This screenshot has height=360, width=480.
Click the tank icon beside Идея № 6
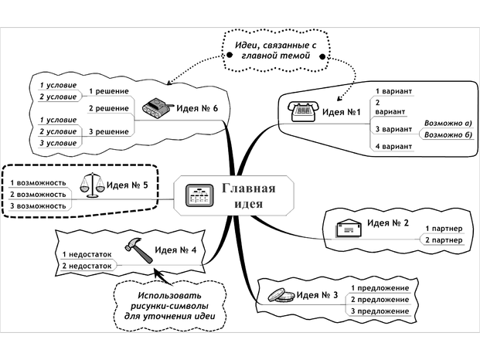pyautogui.click(x=157, y=107)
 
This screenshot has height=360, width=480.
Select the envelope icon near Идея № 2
pyautogui.click(x=349, y=227)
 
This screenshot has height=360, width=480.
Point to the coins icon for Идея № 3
pyautogui.click(x=280, y=294)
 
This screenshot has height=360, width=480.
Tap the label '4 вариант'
pyautogui.click(x=393, y=147)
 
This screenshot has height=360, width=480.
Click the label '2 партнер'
pyautogui.click(x=443, y=241)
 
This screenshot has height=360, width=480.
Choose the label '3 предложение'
pyautogui.click(x=380, y=311)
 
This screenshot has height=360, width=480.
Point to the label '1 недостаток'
pyautogui.click(x=87, y=253)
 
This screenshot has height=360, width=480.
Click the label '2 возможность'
pyautogui.click(x=38, y=195)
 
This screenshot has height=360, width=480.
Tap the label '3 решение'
pyautogui.click(x=107, y=132)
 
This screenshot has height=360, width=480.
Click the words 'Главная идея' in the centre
pyautogui.click(x=248, y=195)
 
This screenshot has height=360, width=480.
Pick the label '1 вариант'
pyautogui.click(x=393, y=91)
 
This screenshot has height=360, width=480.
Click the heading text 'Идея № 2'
pyautogui.click(x=387, y=224)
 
